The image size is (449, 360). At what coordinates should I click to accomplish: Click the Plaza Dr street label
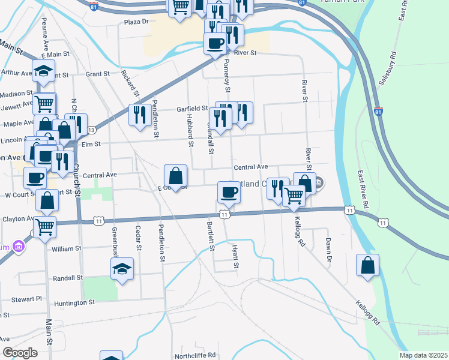(136, 22)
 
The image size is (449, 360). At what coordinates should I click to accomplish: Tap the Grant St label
(98, 74)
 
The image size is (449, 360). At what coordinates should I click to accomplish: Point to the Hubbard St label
(189, 130)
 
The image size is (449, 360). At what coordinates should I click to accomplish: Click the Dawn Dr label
(328, 251)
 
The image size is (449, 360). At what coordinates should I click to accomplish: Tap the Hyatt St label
(235, 256)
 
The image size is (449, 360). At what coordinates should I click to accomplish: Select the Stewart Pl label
(30, 298)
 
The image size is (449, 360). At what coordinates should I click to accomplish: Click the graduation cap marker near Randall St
(122, 268)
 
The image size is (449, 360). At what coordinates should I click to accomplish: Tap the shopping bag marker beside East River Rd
(367, 265)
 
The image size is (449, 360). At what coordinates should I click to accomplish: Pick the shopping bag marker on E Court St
(175, 176)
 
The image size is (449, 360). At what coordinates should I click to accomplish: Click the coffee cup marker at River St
(215, 43)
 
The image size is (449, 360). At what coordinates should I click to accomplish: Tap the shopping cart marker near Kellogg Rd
(294, 195)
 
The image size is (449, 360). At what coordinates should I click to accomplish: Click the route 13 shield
(91, 130)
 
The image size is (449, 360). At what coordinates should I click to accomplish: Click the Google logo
(20, 353)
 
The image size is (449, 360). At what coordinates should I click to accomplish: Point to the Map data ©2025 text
(423, 355)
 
